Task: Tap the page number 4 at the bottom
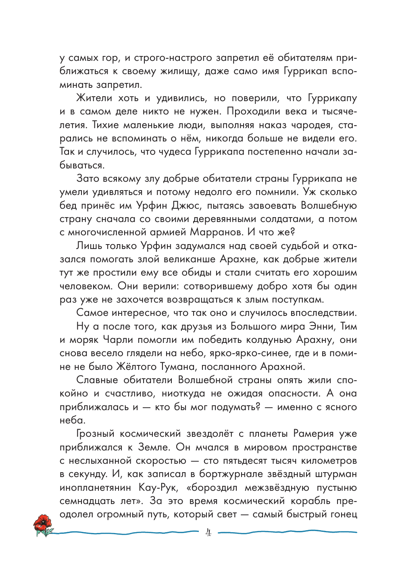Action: point(208,532)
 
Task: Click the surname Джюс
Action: point(186,205)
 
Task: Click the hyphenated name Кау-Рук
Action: point(157,488)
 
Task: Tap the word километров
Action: point(323,461)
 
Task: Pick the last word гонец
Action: point(344,515)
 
